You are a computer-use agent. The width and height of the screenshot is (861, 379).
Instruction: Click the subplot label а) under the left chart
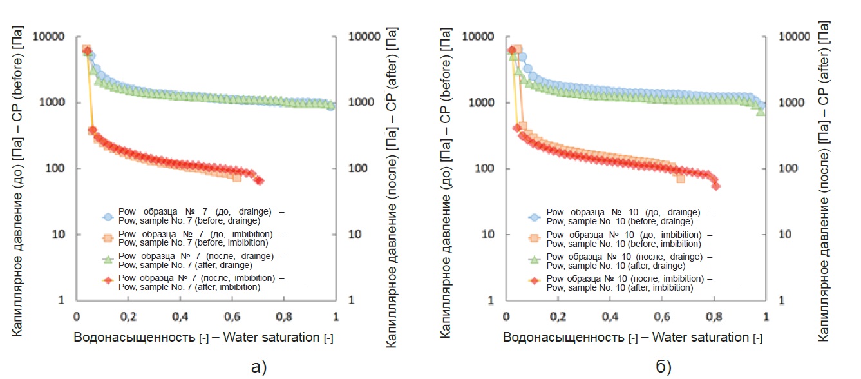(257, 367)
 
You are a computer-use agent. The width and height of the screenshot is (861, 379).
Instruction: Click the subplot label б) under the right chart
(663, 367)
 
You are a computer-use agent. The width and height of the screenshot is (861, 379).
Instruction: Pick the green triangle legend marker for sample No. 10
(534, 261)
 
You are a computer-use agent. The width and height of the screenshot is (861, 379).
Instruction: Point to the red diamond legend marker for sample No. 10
(534, 283)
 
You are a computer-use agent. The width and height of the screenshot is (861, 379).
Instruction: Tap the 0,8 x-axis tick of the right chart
(713, 317)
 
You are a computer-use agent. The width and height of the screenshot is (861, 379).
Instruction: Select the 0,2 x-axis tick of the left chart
(128, 317)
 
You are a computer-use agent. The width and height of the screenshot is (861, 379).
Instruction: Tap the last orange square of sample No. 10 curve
(681, 178)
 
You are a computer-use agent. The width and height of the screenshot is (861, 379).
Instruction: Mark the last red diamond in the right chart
(715, 186)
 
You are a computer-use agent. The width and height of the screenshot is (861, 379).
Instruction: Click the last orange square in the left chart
(236, 177)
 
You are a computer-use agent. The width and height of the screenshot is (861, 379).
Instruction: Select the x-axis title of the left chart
(203, 338)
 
